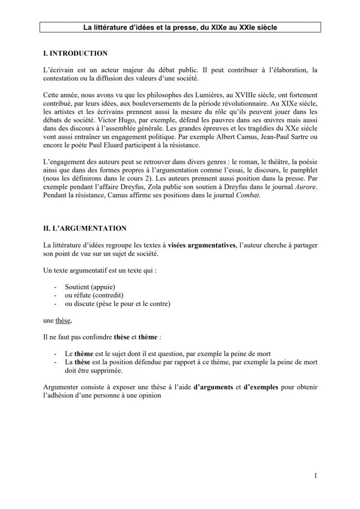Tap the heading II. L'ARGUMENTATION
pos(85,228)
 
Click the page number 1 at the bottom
pos(315,476)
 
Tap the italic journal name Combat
pos(247,195)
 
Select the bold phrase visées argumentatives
pos(202,245)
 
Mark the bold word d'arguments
pos(213,387)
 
